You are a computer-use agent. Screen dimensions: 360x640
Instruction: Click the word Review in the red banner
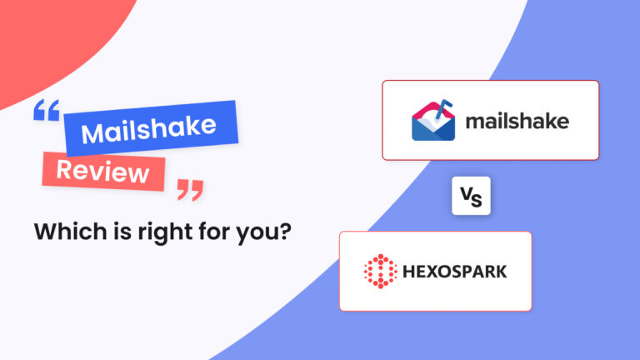coord(103,172)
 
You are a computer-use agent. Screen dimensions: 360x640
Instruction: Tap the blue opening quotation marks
coord(47,113)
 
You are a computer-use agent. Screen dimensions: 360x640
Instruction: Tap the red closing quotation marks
coord(190,191)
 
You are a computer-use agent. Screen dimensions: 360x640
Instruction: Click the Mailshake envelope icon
coord(433,122)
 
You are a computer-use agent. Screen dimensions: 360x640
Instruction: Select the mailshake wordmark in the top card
coord(517,122)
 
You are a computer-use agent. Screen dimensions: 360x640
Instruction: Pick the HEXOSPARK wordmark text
coord(456,272)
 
